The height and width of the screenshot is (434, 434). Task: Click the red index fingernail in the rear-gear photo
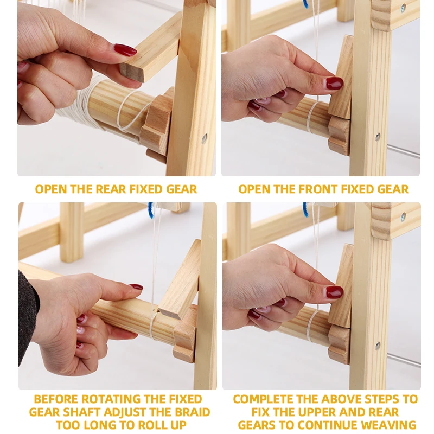(x=125, y=50)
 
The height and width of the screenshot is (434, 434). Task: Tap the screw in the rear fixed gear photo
(x=205, y=138)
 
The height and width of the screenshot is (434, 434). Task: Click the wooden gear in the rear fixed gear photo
(x=156, y=122)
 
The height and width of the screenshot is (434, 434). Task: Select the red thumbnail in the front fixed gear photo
(x=334, y=83)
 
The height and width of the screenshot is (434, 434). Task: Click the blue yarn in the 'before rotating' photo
(x=151, y=210)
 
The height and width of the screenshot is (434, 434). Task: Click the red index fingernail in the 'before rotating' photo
(x=136, y=287)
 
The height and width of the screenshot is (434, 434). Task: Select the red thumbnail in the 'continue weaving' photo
(x=334, y=292)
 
